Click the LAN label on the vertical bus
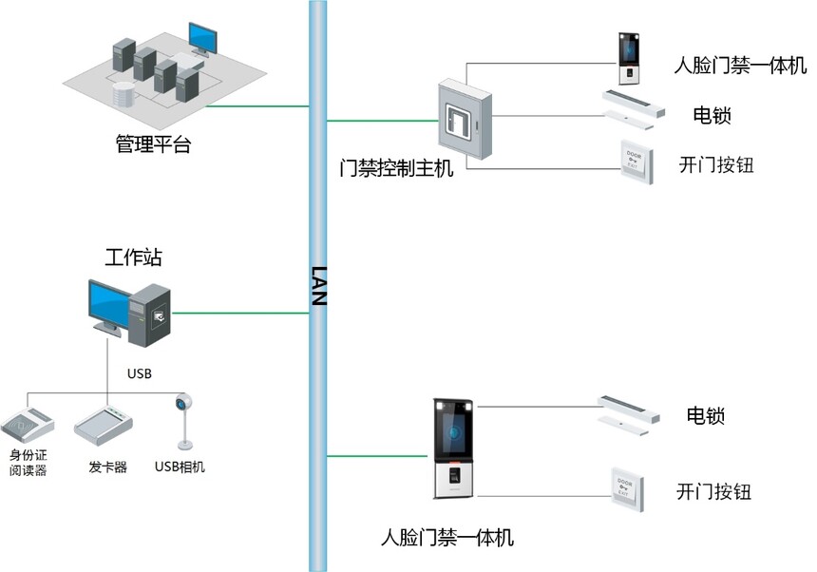(318, 285)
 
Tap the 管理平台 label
(153, 143)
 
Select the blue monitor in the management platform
(202, 39)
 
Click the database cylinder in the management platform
(124, 94)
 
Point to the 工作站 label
(133, 257)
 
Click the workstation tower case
(149, 315)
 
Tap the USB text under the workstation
(139, 373)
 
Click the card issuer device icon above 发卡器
(104, 424)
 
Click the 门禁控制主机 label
(396, 168)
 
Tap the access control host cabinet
(465, 120)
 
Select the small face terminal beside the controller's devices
(629, 58)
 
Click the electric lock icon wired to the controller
(634, 110)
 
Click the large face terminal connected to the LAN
(453, 448)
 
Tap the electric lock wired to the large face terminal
(628, 415)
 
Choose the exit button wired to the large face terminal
(627, 489)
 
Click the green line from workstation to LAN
(240, 314)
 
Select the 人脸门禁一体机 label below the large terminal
(447, 537)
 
